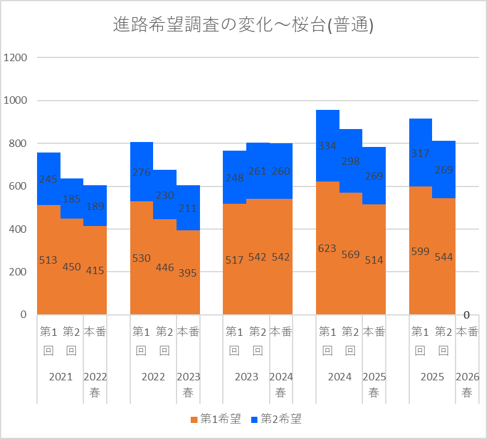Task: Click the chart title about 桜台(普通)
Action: [x=243, y=25]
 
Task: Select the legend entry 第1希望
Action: [x=215, y=419]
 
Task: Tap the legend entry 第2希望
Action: [x=276, y=419]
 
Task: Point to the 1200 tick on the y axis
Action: [x=15, y=57]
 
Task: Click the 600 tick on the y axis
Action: [x=18, y=186]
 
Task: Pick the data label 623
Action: [x=327, y=249]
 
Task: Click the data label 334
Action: [x=327, y=146]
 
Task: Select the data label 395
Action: [x=188, y=273]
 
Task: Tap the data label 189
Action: [x=95, y=206]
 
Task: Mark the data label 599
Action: [x=420, y=251]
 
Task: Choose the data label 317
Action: [x=420, y=153]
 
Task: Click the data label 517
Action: [x=235, y=260]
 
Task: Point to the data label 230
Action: [x=165, y=196]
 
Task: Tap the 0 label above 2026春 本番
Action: [x=467, y=315]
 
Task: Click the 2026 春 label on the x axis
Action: [x=467, y=385]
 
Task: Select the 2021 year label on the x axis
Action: [x=60, y=377]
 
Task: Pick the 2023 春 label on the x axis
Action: [x=188, y=385]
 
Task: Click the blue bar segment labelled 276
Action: [x=141, y=172]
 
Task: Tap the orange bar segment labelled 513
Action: [x=49, y=260]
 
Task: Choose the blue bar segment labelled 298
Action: [x=351, y=161]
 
